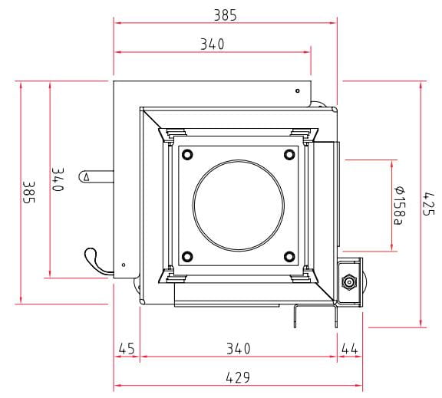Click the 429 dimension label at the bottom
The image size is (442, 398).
238,377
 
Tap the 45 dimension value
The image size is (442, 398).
127,349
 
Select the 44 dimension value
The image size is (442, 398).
350,349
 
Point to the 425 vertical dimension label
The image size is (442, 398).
429,204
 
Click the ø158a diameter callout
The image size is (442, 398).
400,206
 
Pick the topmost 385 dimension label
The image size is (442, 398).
226,15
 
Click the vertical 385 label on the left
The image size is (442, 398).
28,192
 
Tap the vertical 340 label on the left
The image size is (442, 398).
58,179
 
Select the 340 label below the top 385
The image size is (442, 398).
213,44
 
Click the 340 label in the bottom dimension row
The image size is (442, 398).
239,349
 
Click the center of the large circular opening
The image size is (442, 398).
239,206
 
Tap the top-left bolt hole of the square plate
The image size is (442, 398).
187,154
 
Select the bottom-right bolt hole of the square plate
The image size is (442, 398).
289,256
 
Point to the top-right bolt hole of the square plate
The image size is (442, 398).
289,154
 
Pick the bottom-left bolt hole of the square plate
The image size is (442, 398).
187,256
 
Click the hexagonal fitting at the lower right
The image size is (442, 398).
349,281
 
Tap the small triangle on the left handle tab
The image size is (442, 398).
87,177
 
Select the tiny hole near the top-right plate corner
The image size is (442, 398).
298,90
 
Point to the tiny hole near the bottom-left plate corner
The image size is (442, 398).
124,265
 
